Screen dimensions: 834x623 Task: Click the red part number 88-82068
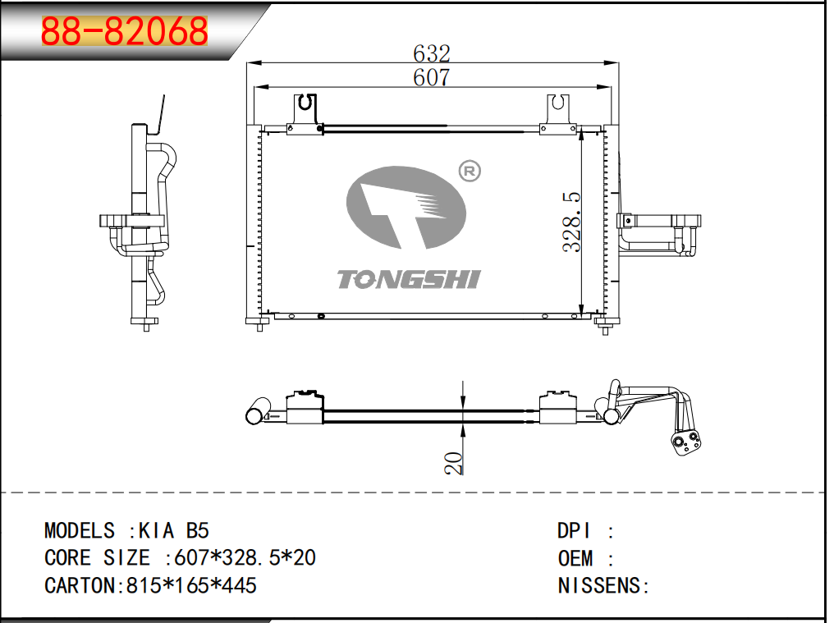[x=125, y=30]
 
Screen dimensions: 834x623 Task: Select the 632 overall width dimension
[x=431, y=53]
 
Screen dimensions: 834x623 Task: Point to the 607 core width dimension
[x=431, y=78]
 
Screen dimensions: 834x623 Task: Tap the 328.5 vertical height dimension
[x=572, y=222]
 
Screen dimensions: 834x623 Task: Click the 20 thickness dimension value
[x=453, y=463]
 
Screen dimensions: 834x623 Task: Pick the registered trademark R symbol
[x=470, y=172]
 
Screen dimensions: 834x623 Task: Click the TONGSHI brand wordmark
[x=409, y=279]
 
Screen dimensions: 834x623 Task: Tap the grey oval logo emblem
[x=406, y=207]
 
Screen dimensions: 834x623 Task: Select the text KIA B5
[x=174, y=531]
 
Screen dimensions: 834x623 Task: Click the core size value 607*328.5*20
[x=245, y=557]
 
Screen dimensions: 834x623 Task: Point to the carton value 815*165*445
[x=191, y=585]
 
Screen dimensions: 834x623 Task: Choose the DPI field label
[x=573, y=531]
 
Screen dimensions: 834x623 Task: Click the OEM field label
[x=575, y=558]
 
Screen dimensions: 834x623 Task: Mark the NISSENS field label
[x=600, y=585]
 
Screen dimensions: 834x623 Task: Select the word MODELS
[x=80, y=531]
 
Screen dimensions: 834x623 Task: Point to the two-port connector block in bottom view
[x=685, y=444]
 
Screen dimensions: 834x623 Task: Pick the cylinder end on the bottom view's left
[x=258, y=411]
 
